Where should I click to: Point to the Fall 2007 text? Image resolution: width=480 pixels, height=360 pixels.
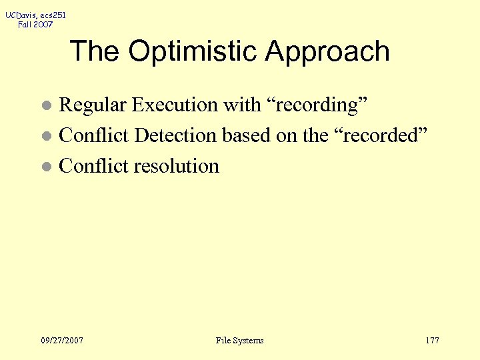(35, 25)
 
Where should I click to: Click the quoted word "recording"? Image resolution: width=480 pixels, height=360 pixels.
(313, 105)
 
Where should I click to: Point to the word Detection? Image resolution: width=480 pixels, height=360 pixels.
(175, 135)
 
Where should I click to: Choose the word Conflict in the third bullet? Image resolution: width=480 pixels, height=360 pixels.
(94, 166)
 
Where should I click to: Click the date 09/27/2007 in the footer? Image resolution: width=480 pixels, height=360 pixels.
(62, 341)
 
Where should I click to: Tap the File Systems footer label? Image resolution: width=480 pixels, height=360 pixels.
(239, 341)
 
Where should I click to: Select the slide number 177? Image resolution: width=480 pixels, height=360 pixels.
(432, 341)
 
